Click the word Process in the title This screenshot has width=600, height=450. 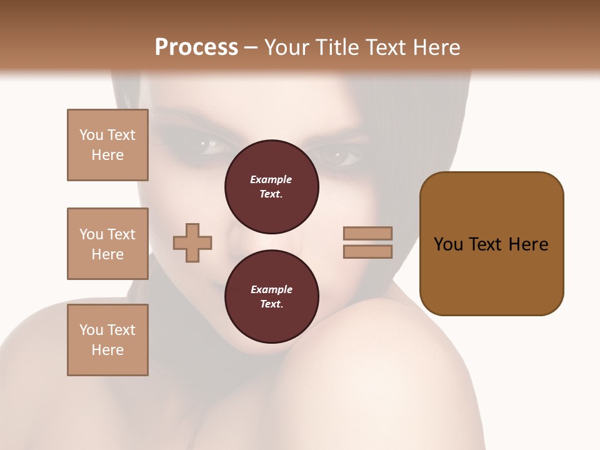(x=196, y=47)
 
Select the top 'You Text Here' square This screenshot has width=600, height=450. (x=107, y=145)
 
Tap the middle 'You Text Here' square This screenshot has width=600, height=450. (x=107, y=244)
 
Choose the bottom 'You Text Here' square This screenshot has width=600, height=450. (x=107, y=340)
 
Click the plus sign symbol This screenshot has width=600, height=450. (x=192, y=242)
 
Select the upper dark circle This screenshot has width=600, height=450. (x=271, y=187)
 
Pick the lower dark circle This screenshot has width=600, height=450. (x=271, y=297)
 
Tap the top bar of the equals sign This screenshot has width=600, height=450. (x=367, y=233)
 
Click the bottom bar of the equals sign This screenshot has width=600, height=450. (x=367, y=251)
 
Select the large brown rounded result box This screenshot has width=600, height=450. (x=491, y=244)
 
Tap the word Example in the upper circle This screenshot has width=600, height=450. (x=271, y=179)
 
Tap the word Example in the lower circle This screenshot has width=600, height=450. (x=271, y=289)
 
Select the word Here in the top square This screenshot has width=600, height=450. (x=107, y=155)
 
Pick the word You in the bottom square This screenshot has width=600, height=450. (x=91, y=330)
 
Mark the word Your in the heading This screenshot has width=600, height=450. (x=286, y=47)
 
